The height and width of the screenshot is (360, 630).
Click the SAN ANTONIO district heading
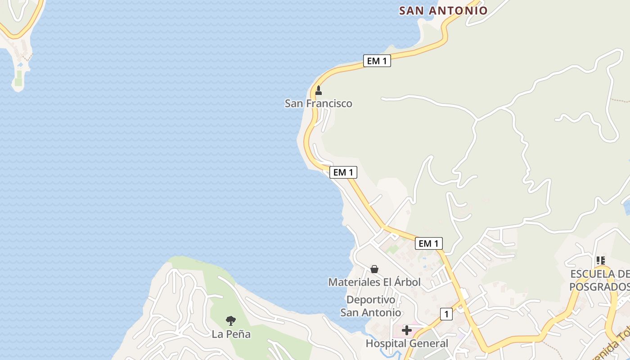[443, 10]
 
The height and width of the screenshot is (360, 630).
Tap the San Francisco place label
[318, 103]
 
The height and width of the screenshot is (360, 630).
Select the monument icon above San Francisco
[319, 90]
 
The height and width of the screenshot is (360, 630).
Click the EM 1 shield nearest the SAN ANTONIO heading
[377, 61]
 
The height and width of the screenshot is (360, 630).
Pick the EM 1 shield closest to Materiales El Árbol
[428, 243]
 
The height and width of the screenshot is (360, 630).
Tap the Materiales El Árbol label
[374, 282]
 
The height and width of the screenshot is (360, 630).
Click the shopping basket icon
[374, 269]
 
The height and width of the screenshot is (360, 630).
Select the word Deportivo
[371, 300]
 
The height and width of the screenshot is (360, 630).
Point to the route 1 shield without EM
[446, 314]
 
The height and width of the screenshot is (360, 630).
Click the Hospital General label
[407, 343]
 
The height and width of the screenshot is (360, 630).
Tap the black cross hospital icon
[407, 330]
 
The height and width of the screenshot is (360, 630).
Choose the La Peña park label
[231, 334]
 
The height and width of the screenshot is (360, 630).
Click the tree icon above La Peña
[231, 321]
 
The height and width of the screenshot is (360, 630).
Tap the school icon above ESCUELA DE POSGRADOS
[600, 260]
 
